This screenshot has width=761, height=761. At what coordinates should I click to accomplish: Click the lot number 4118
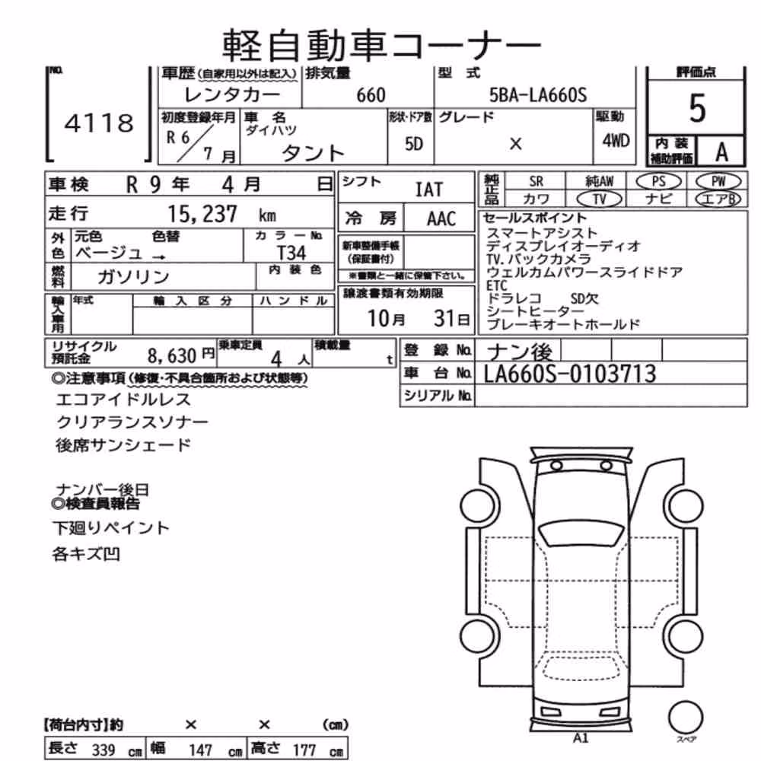[x=99, y=123]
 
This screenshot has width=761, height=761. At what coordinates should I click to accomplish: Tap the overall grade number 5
[x=697, y=108]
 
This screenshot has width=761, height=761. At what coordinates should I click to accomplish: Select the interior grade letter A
[x=721, y=152]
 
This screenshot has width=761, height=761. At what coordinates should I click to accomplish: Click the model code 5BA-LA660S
[x=538, y=94]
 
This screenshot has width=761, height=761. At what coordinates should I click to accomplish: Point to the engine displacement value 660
[x=371, y=95]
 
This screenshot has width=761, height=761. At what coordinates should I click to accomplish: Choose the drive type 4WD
[x=616, y=141]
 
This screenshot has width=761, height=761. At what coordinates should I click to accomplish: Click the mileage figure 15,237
[x=202, y=214]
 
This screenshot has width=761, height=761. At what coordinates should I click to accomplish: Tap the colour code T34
[x=291, y=253]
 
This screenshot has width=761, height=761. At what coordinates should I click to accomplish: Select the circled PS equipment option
[x=658, y=182]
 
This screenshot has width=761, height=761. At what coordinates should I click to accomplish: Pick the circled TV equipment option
[x=600, y=199]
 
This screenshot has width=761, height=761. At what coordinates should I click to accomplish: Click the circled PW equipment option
[x=718, y=182]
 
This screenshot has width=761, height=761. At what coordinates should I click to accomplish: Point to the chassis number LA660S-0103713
[x=570, y=374]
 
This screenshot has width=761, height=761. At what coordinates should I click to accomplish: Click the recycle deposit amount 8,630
[x=172, y=355]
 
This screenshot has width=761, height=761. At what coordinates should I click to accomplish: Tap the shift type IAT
[x=429, y=189]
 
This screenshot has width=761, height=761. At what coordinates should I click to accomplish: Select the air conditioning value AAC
[x=441, y=219]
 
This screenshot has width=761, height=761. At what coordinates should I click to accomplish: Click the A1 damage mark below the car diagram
[x=581, y=738]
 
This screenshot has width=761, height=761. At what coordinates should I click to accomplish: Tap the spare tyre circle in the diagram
[x=686, y=718]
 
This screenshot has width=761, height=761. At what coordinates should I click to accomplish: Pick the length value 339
[x=103, y=750]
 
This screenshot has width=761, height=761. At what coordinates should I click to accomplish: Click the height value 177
[x=304, y=750]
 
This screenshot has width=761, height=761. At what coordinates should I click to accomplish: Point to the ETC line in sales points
[x=496, y=285]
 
